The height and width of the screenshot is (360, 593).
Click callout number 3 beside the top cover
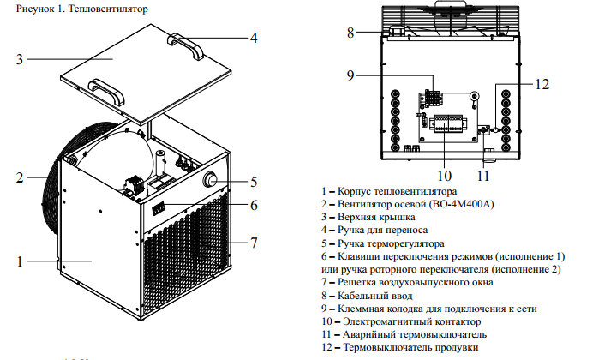[x=20, y=59]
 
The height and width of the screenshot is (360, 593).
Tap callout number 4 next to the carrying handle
[x=254, y=38]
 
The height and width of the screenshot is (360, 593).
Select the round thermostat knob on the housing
[x=210, y=179]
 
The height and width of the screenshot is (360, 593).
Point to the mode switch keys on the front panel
[x=159, y=209]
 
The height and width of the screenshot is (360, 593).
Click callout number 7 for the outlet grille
[x=254, y=243]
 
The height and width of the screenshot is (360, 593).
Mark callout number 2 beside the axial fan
[x=20, y=177]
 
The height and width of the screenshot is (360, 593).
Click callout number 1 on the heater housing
[x=20, y=261]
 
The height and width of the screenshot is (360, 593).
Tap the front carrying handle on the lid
[x=106, y=92]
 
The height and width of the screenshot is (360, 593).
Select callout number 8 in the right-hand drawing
[x=350, y=33]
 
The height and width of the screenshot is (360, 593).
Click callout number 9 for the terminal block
[x=350, y=75]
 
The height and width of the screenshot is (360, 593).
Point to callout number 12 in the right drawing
[x=542, y=84]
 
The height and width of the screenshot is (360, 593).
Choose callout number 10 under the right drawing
[x=445, y=176]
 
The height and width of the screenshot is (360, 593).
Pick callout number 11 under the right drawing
[x=483, y=176]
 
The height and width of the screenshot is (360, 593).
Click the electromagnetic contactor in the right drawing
[x=448, y=123]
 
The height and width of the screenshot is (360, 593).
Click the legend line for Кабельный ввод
[x=368, y=296]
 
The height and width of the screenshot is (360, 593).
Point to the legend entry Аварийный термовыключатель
[x=404, y=334]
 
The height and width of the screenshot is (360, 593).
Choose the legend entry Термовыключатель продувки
[x=400, y=347]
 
